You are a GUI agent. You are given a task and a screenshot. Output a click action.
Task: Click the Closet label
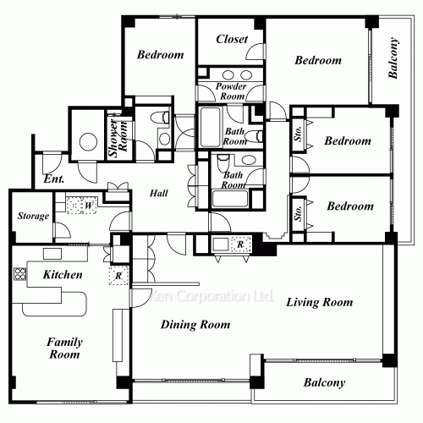click(232, 39)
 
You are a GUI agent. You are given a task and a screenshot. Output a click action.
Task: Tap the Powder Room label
click(231, 91)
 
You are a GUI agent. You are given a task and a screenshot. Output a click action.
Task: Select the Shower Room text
click(118, 138)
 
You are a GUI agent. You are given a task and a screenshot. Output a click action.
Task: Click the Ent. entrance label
click(54, 179)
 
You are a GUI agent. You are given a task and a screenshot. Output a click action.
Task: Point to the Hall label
click(159, 193)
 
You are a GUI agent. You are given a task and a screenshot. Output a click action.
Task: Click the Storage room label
click(33, 216)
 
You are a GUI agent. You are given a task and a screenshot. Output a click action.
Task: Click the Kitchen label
click(63, 275)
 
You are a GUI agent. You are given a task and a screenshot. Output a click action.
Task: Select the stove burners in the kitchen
click(20, 273)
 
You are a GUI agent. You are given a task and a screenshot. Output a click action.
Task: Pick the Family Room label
click(64, 349)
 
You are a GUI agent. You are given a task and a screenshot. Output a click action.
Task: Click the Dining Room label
click(195, 325)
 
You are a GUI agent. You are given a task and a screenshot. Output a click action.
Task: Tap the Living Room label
click(320, 302)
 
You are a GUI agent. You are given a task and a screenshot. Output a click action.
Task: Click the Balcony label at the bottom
click(324, 382)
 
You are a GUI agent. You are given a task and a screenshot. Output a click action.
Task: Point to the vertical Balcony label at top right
click(393, 58)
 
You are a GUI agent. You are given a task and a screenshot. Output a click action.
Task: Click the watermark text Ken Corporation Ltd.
click(211, 296)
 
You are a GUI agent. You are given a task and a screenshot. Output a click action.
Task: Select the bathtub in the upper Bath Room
click(210, 127)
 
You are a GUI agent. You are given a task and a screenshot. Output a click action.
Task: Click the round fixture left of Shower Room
click(88, 142)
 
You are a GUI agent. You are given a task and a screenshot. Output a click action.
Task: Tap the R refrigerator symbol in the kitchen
click(118, 276)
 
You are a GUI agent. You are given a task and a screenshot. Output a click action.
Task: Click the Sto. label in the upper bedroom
click(299, 134)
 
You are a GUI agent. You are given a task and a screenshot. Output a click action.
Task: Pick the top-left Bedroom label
click(160, 55)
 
